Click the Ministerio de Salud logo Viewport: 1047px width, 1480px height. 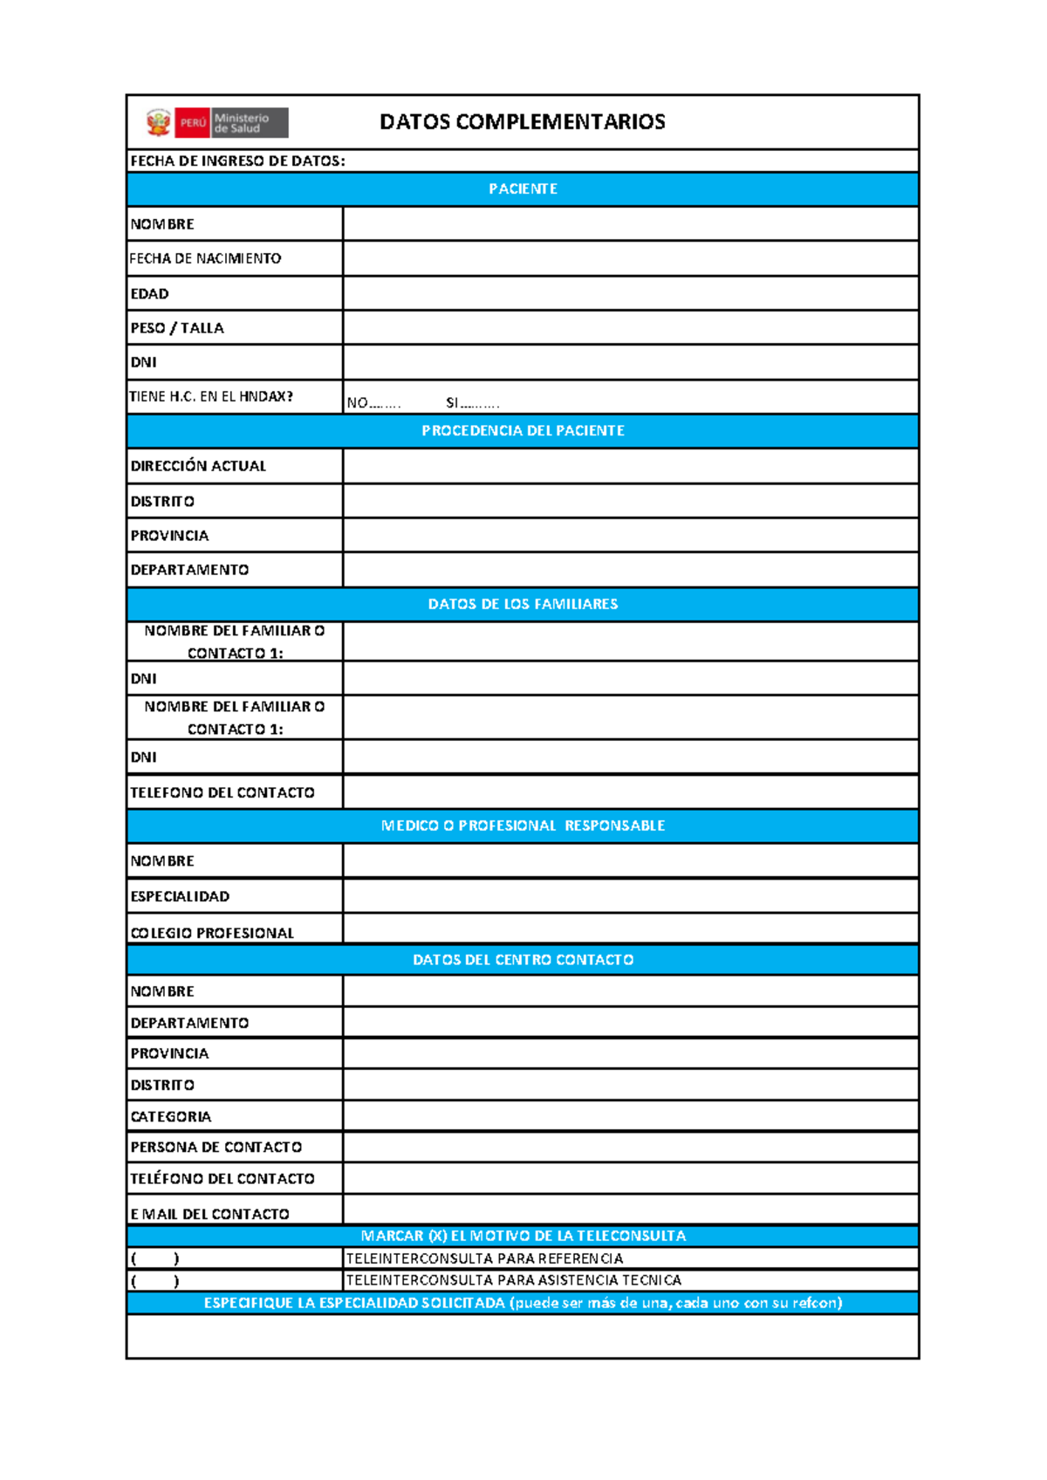[x=217, y=123]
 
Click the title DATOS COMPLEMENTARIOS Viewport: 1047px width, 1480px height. [x=522, y=122]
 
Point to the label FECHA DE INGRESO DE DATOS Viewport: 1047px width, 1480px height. [x=237, y=161]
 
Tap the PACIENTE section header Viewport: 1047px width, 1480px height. [x=523, y=189]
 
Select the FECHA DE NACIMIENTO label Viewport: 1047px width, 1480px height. [x=206, y=258]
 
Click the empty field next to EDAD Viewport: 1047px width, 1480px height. [x=630, y=293]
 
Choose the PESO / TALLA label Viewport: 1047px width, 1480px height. [x=177, y=328]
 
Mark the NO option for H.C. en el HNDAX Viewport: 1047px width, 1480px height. [x=373, y=403]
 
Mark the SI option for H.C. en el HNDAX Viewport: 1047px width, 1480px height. [x=472, y=403]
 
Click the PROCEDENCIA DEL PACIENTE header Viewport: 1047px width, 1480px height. [x=523, y=431]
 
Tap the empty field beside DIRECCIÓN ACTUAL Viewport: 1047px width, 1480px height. [x=630, y=466]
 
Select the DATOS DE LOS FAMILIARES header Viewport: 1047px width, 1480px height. [x=523, y=604]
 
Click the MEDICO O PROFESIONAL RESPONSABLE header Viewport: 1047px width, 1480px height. [x=523, y=826]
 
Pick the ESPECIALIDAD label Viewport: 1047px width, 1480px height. [x=180, y=896]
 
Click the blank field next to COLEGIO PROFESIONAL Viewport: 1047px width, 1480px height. [x=630, y=929]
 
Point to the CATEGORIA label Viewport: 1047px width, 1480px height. [x=171, y=1117]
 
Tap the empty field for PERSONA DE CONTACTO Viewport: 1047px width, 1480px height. [x=630, y=1148]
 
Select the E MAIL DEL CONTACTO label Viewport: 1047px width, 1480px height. [x=209, y=1214]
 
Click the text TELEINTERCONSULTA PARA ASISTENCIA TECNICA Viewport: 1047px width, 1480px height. [x=513, y=1280]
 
